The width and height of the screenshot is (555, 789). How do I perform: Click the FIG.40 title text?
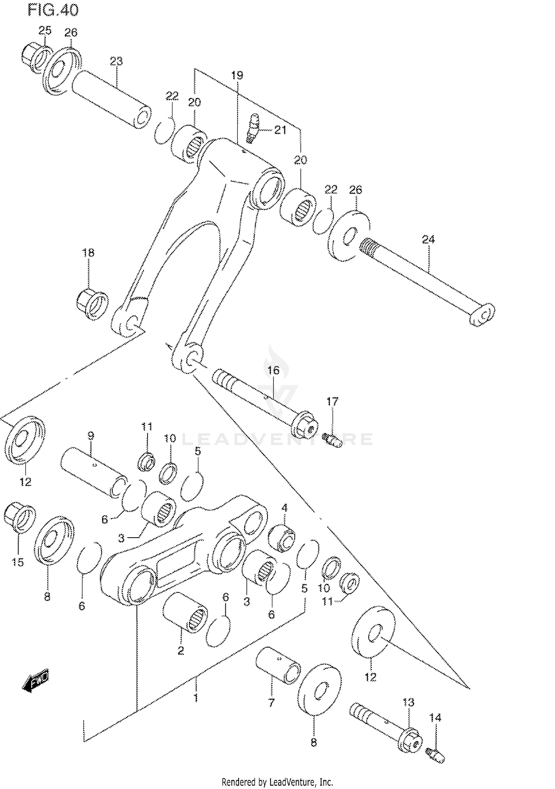pos(53,10)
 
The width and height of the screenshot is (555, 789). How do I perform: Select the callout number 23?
pos(116,61)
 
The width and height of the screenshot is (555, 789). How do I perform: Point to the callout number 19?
pos(237,76)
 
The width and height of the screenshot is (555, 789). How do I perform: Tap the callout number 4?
pos(284,508)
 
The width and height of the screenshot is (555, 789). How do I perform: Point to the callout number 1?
pos(196,698)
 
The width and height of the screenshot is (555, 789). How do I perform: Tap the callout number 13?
pos(408,702)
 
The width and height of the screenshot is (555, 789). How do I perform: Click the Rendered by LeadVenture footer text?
pos(277,782)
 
